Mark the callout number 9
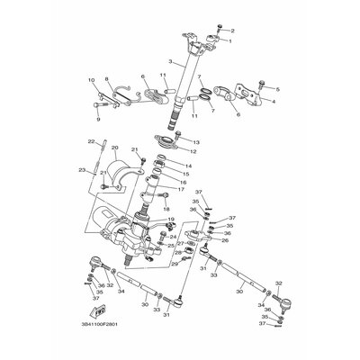point(97,118)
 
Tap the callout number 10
point(90,80)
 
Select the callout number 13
point(196,142)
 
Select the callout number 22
point(91,141)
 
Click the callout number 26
point(225,239)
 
